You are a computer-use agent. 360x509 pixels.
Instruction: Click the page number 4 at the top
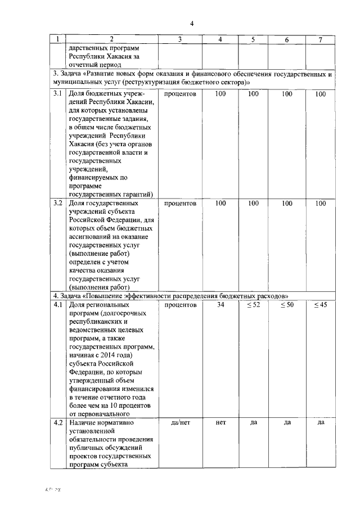point(191,23)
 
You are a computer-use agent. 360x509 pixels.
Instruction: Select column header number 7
point(320,39)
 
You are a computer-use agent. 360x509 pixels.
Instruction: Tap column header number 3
point(179,39)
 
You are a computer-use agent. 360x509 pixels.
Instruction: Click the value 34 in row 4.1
point(220,305)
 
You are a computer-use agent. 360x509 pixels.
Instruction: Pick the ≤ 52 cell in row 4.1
point(253,305)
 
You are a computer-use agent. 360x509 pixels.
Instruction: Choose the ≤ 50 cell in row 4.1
point(287,305)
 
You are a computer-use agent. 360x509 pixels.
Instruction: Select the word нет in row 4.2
point(220,422)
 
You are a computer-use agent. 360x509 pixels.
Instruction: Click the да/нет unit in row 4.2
point(180,422)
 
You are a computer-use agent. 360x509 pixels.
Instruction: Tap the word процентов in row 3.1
point(180,94)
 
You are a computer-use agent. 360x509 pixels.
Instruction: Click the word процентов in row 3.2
point(180,203)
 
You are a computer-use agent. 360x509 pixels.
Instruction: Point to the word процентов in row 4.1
point(180,305)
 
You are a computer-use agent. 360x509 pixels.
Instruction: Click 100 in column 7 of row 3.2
point(320,203)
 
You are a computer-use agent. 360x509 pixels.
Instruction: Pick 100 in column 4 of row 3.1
point(220,94)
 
